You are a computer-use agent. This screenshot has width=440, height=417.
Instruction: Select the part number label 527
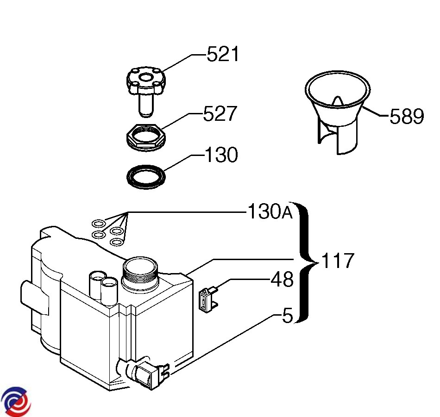click(220, 113)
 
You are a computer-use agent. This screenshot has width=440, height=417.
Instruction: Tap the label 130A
click(270, 211)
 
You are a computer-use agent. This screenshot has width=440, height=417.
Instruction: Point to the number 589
click(407, 116)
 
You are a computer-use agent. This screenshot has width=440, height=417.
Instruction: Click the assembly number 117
click(337, 261)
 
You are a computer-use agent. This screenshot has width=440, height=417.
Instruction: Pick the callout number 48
click(282, 279)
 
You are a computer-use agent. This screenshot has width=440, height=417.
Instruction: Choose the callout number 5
click(287, 315)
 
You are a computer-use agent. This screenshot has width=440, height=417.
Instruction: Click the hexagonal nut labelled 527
click(145, 137)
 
